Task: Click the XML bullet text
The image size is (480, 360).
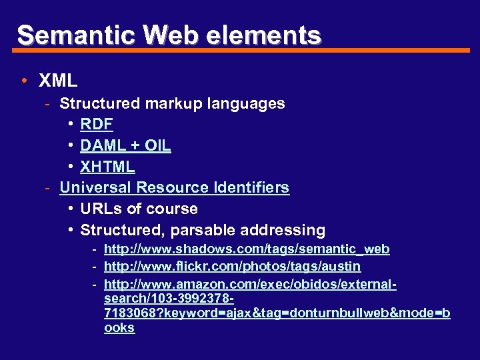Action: tap(58, 81)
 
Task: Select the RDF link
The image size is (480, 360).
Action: tap(97, 124)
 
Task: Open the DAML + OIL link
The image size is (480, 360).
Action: tap(125, 145)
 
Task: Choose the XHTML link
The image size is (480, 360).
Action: tap(107, 167)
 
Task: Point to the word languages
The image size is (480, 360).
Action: tap(246, 104)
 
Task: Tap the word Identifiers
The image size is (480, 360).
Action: tap(251, 188)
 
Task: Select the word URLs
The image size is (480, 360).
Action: tap(101, 209)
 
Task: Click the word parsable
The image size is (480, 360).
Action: tap(199, 231)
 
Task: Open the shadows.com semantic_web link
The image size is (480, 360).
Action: tap(247, 249)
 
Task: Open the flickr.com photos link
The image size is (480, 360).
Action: tap(232, 267)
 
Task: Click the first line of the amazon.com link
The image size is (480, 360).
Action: tap(250, 285)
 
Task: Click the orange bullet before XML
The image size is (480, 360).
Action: tap(24, 81)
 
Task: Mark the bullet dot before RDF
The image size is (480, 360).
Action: tap(71, 124)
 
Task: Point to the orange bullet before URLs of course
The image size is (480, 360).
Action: tap(71, 209)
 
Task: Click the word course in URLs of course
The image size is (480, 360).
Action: tap(173, 209)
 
